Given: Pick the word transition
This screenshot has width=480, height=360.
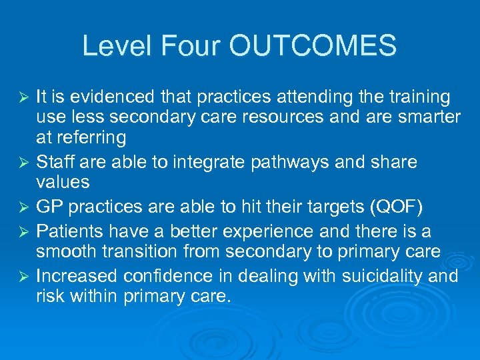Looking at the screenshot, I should pyautogui.click(x=143, y=252).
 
